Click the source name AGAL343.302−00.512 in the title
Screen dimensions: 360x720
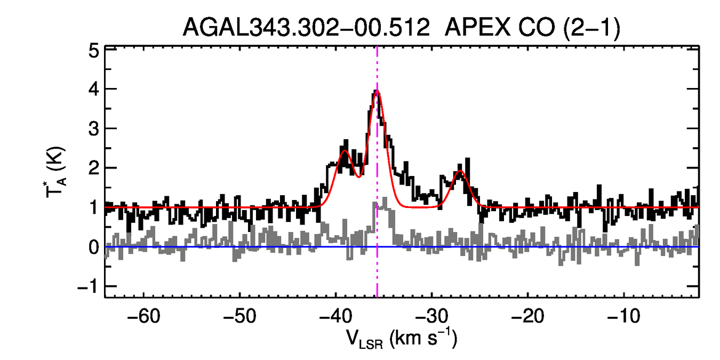coord(306,27)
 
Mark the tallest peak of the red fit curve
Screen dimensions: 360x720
coord(377,91)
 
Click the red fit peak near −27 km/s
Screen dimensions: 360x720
coord(460,171)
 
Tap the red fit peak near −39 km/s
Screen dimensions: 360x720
coord(345,151)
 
